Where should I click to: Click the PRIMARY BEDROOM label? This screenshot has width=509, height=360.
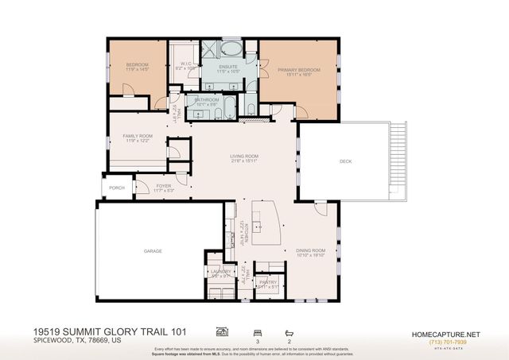click(x=297, y=70)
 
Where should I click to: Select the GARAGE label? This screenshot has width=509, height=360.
click(x=153, y=251)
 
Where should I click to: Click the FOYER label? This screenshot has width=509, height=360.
click(x=163, y=186)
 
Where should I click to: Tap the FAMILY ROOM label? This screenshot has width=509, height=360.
click(x=138, y=137)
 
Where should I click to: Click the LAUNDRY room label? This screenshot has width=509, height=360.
click(x=220, y=272)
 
